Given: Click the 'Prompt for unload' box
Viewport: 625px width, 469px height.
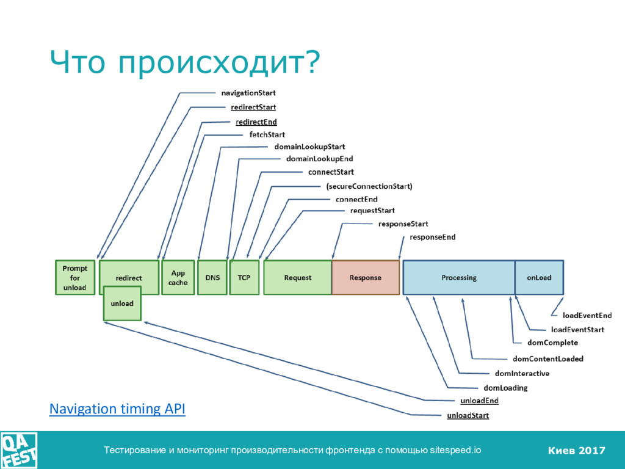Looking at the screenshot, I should pyautogui.click(x=75, y=278).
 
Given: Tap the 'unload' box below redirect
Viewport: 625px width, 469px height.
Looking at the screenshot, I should pyautogui.click(x=122, y=303).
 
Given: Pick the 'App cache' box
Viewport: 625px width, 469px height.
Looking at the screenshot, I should pyautogui.click(x=178, y=278).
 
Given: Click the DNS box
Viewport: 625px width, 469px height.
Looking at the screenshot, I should pyautogui.click(x=212, y=278).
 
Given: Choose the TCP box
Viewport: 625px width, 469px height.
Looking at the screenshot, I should pyautogui.click(x=244, y=278).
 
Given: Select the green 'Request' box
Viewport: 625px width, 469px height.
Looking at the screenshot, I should pyautogui.click(x=297, y=278).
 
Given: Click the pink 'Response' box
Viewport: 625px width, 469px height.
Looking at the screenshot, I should pyautogui.click(x=365, y=278).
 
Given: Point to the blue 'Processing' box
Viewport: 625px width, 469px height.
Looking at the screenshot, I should pyautogui.click(x=458, y=278).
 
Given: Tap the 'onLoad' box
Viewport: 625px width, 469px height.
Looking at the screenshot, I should pyautogui.click(x=539, y=278).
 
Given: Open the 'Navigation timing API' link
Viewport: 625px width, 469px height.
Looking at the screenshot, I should pyautogui.click(x=117, y=409).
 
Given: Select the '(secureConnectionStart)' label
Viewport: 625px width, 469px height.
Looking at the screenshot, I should pyautogui.click(x=369, y=186).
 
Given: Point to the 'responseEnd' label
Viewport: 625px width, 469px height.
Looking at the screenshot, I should pyautogui.click(x=432, y=237).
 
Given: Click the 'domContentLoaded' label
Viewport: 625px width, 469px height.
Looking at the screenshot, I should pyautogui.click(x=547, y=358).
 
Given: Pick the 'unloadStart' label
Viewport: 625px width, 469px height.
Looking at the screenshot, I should pyautogui.click(x=468, y=416).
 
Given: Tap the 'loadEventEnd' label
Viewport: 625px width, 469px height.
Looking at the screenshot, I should pyautogui.click(x=587, y=316).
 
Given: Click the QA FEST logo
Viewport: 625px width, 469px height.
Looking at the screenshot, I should pyautogui.click(x=19, y=450).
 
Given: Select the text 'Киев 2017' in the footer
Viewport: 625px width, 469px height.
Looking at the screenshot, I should pyautogui.click(x=576, y=451).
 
